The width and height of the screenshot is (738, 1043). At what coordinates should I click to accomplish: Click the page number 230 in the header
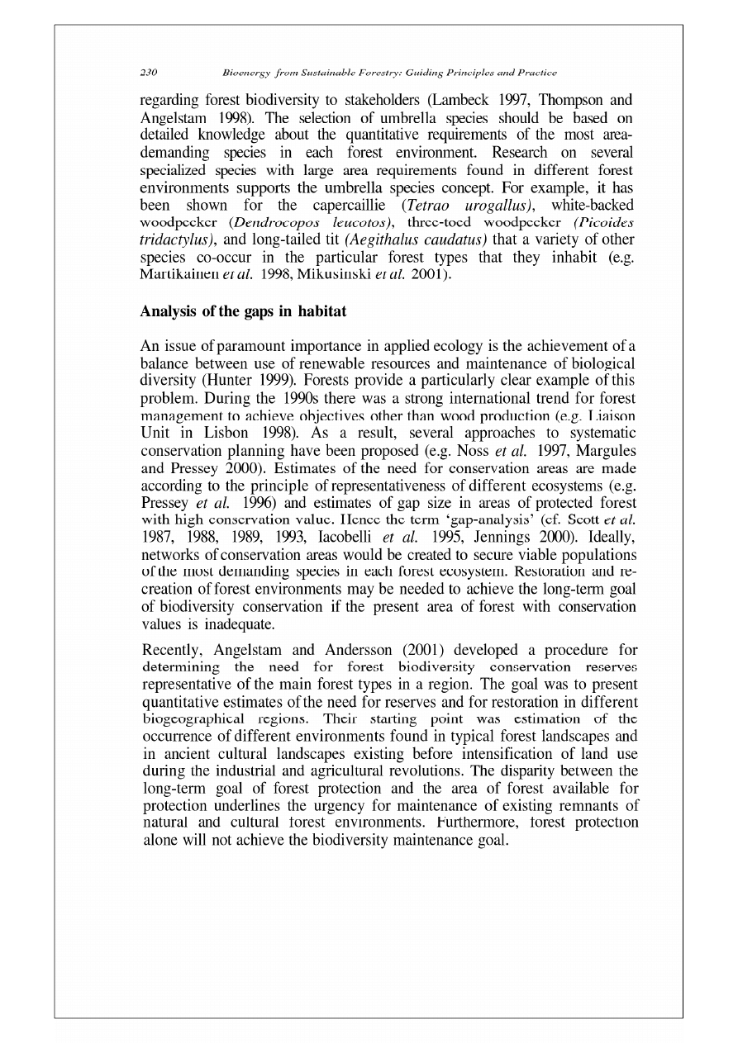tap(150, 73)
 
